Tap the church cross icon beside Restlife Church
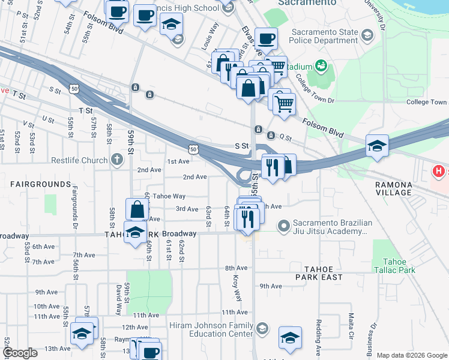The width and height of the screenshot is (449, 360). pyautogui.click(x=116, y=160)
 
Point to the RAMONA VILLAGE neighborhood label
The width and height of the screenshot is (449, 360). pyautogui.click(x=394, y=188)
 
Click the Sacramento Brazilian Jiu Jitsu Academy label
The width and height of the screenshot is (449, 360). pyautogui.click(x=332, y=227)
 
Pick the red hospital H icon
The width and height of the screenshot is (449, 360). pyautogui.click(x=439, y=172)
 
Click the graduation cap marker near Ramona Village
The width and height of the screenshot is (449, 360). pyautogui.click(x=376, y=146)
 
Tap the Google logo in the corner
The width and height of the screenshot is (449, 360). pyautogui.click(x=20, y=353)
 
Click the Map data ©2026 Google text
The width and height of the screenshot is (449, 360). pyautogui.click(x=412, y=355)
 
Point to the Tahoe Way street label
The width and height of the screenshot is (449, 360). pyautogui.click(x=169, y=196)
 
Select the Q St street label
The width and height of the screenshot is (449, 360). pyautogui.click(x=285, y=137)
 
